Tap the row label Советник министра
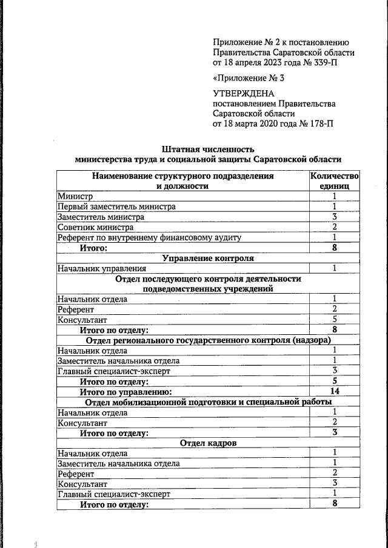pyautogui.click(x=95, y=227)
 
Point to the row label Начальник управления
pyautogui.click(x=102, y=268)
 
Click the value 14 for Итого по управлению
pyautogui.click(x=334, y=392)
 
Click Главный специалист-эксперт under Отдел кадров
pyautogui.click(x=114, y=494)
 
